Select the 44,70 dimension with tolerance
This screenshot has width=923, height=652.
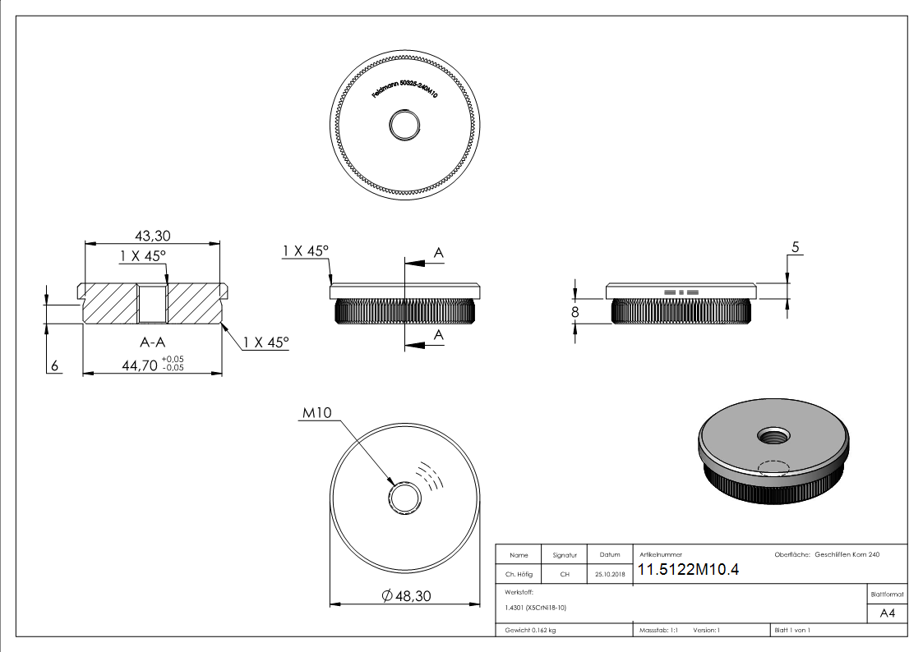(152, 365)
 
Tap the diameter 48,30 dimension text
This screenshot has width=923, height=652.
(407, 596)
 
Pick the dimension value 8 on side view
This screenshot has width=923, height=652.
(575, 312)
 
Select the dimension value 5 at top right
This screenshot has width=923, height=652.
(795, 246)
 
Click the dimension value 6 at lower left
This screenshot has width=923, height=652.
(55, 367)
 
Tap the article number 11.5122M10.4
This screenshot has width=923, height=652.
(689, 571)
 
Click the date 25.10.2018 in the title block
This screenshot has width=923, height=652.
(608, 575)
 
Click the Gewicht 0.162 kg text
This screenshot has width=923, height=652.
(530, 631)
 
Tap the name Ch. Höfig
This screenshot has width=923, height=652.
(519, 575)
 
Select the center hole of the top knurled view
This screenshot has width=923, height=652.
(404, 126)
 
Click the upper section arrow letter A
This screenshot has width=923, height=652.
(439, 255)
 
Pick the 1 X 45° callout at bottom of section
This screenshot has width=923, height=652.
(266, 342)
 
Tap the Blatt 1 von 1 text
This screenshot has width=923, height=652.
(792, 631)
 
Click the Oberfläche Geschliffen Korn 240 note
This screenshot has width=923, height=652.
(827, 555)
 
